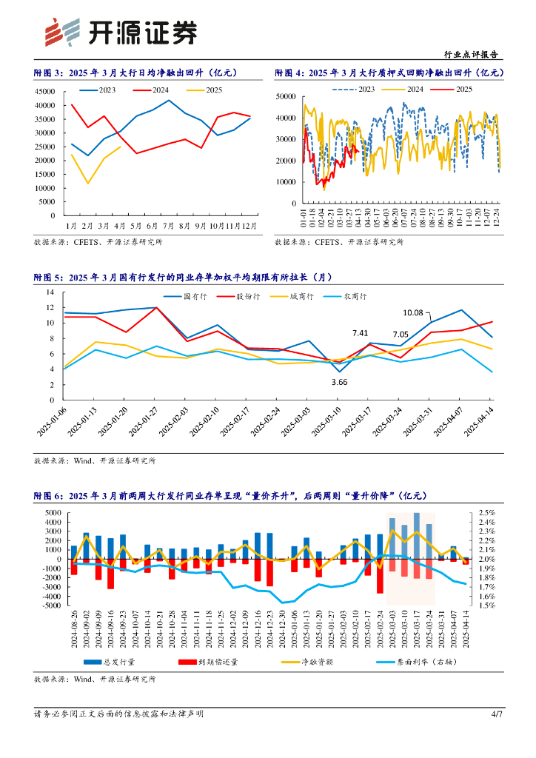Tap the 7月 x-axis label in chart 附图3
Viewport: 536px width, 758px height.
click(x=169, y=225)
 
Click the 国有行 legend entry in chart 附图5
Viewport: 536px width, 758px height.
click(x=195, y=296)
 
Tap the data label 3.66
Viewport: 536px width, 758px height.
click(x=339, y=382)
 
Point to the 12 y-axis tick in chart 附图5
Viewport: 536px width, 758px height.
click(x=50, y=307)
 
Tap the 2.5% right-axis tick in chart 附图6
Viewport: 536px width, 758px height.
click(x=486, y=513)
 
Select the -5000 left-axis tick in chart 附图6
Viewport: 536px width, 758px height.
click(x=50, y=606)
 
